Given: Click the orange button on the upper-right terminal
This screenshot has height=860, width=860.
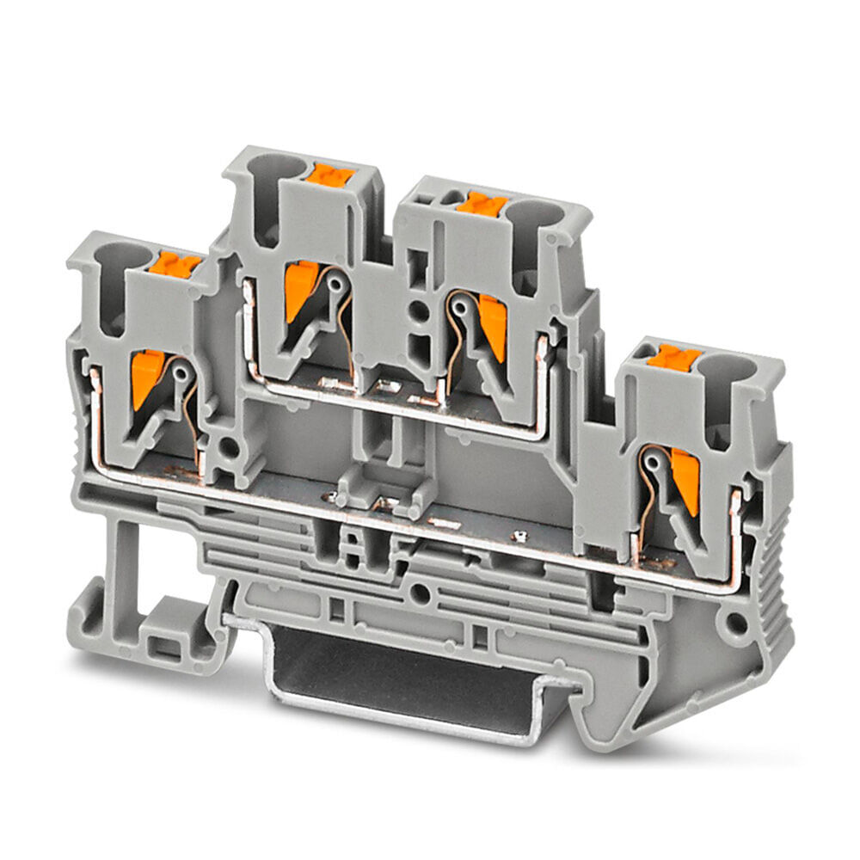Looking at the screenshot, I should (x=482, y=204).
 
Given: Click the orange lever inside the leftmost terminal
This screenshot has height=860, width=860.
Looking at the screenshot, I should (x=144, y=378).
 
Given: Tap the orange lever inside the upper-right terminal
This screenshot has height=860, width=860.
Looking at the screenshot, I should (x=494, y=325).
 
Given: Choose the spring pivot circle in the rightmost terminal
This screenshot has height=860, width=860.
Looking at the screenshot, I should (x=654, y=463).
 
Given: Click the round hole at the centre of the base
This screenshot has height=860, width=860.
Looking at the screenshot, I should (x=419, y=592).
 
